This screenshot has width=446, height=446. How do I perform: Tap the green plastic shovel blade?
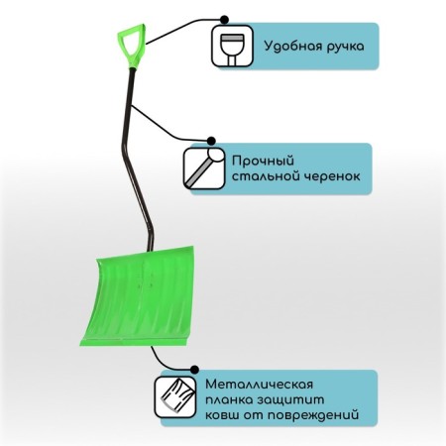(138, 296)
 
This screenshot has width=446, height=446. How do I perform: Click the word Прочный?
(263, 162)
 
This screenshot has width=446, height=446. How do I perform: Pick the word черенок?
(332, 176)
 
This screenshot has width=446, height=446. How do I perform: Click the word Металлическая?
(259, 385)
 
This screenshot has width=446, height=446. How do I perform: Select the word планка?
(229, 400)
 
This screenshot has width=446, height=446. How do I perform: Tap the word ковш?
(222, 415)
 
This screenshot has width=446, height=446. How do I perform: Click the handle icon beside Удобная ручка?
(232, 47)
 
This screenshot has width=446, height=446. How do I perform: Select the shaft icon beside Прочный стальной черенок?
(204, 168)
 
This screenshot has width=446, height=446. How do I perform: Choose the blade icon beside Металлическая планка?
(175, 397)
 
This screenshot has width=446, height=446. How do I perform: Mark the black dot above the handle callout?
(224, 20)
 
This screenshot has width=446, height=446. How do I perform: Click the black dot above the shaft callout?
(211, 141)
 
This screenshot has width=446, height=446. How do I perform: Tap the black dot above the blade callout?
(194, 370)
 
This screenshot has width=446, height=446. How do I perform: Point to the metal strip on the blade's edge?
(136, 340)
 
